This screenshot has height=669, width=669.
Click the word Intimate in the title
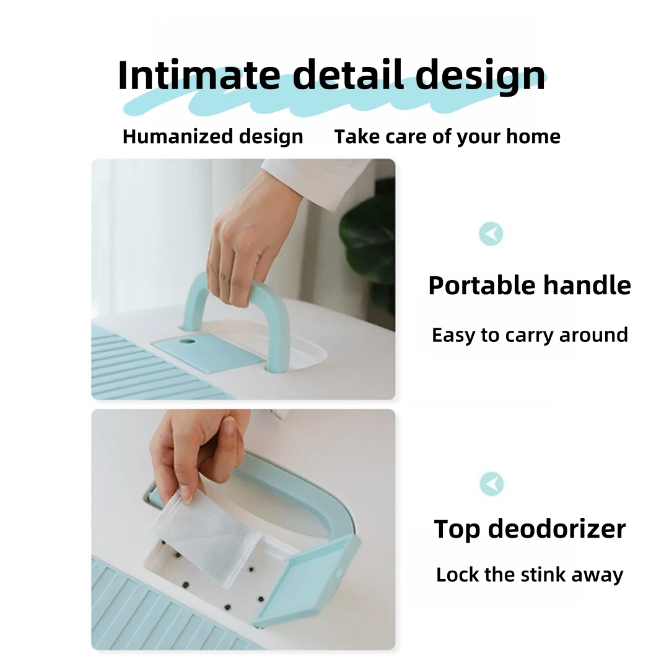(199, 75)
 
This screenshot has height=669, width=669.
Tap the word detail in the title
(348, 75)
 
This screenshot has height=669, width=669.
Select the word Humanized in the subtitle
(178, 136)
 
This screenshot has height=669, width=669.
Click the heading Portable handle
(530, 286)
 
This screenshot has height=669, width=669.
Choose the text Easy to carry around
(530, 335)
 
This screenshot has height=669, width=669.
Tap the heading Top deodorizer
(530, 529)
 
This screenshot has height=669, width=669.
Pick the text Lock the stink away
(530, 574)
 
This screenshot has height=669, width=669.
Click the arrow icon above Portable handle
(491, 234)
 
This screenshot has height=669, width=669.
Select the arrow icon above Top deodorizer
(491, 484)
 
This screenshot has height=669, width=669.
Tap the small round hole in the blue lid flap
(187, 342)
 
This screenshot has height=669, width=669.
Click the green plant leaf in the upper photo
(368, 243)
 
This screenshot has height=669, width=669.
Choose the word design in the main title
(481, 76)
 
